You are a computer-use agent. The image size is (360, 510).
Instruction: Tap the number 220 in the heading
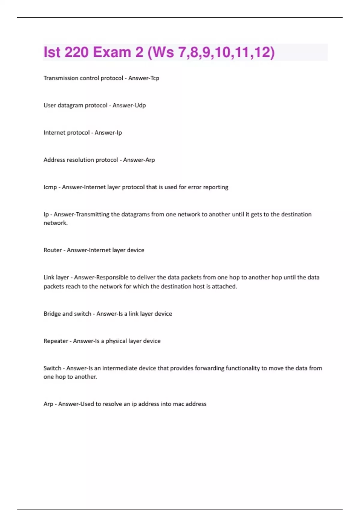[76, 52]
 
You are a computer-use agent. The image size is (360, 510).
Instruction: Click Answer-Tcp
[144, 78]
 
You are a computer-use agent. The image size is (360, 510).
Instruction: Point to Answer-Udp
[129, 105]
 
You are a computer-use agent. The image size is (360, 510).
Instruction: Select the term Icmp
[50, 187]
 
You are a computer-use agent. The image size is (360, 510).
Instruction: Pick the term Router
[52, 250]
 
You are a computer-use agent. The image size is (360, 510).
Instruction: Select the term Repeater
[56, 341]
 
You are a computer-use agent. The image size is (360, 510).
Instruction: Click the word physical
[116, 341]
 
